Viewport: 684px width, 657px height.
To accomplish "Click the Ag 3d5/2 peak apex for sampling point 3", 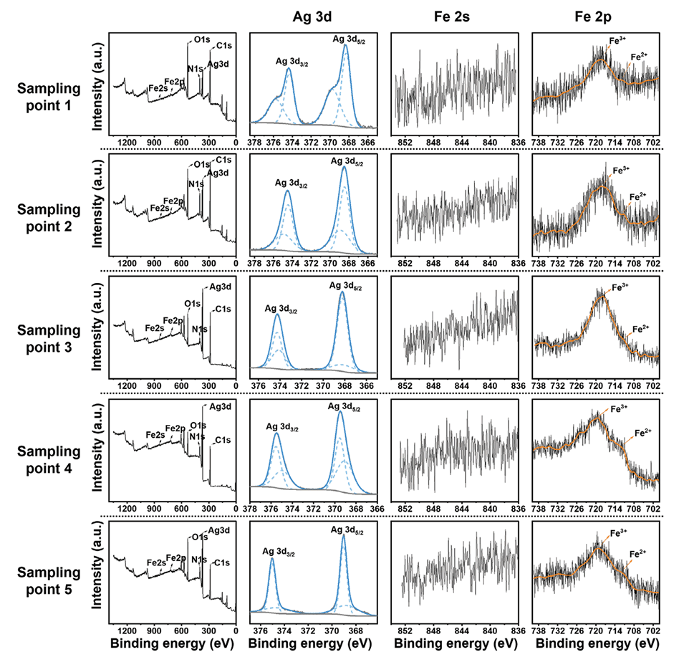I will [342, 292].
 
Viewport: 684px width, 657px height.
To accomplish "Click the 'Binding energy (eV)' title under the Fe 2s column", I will [453, 644].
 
